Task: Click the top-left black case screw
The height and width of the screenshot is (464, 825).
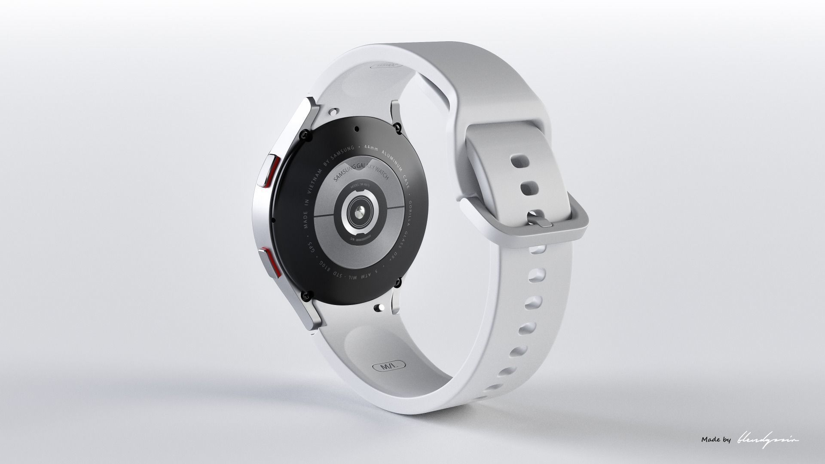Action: [305, 134]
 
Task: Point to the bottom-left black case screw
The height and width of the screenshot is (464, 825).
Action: [306, 295]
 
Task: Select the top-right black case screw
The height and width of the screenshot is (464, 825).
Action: [398, 126]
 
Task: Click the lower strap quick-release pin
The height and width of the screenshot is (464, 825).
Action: [379, 307]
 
